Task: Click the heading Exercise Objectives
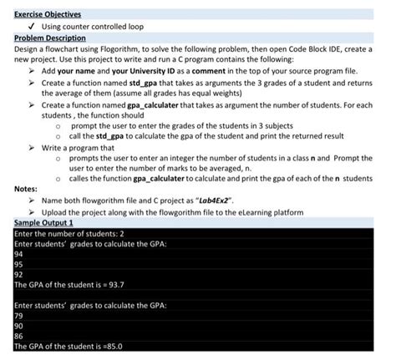click(47, 15)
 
